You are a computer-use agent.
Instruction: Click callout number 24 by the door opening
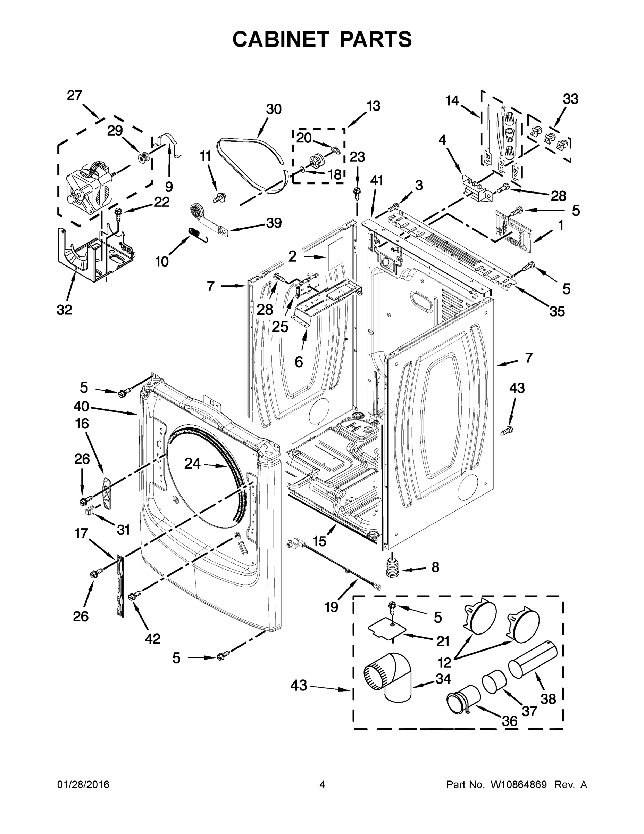point(192,464)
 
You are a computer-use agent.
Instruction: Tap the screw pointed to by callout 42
point(135,595)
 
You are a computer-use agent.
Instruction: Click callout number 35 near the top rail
point(557,311)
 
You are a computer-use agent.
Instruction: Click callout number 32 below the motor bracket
point(64,310)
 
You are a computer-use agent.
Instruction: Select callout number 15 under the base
point(319,541)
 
